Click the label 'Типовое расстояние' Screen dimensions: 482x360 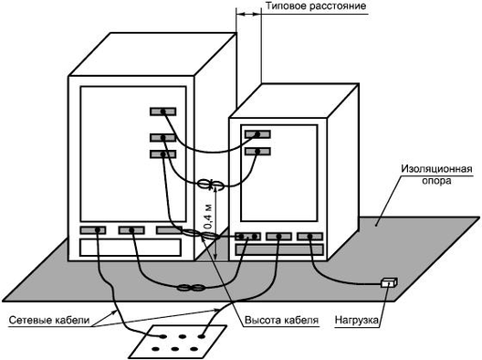tap(316, 5)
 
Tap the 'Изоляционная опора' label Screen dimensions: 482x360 tap(436, 175)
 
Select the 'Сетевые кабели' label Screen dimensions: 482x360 tap(49, 320)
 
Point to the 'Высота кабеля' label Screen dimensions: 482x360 tap(281, 320)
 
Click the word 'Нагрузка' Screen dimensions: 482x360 tap(357, 320)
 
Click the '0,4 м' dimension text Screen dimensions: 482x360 tap(208, 217)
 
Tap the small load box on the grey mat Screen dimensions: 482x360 tap(389, 282)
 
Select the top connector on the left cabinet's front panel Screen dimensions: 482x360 tap(162, 111)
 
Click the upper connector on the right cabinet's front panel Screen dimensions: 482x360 tap(257, 134)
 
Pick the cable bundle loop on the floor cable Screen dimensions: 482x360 tap(191, 289)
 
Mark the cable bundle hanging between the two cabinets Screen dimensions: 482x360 tap(211, 185)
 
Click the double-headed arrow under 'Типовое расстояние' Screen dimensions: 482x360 tap(248, 14)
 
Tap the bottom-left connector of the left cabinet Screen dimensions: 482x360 tap(93, 230)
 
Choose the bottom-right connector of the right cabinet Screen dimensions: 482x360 tap(309, 237)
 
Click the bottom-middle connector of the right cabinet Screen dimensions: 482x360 tap(278, 237)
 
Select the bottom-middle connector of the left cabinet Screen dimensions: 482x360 tap(131, 230)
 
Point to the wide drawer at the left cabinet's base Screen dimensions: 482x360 tap(131, 248)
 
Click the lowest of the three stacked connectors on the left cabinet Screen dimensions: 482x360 tap(162, 154)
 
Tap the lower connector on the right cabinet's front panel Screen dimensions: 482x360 tap(257, 152)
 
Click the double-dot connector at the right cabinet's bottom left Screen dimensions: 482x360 tap(247, 237)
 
